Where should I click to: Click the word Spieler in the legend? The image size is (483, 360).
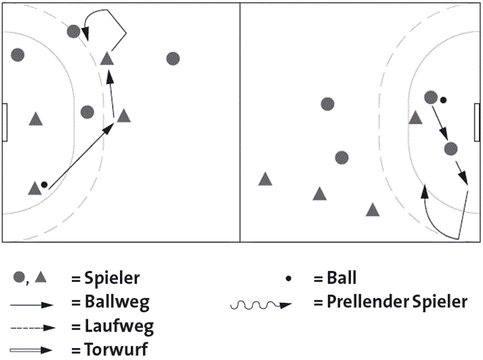pyautogui.click(x=112, y=279)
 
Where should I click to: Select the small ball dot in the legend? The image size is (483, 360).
pyautogui.click(x=289, y=279)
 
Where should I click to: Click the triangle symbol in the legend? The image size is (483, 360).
pyautogui.click(x=40, y=278)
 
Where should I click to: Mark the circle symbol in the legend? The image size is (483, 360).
pyautogui.click(x=19, y=278)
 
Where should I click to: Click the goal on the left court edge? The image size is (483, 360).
pyautogui.click(x=5, y=123)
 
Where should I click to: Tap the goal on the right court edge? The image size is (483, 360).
pyautogui.click(x=477, y=123)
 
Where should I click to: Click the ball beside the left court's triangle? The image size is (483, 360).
pyautogui.click(x=44, y=185)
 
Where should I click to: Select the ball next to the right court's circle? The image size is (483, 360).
pyautogui.click(x=443, y=100)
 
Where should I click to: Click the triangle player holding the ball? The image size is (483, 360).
pyautogui.click(x=34, y=188)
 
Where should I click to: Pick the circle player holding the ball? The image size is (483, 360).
pyautogui.click(x=431, y=97)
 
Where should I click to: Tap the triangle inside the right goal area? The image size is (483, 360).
pyautogui.click(x=415, y=118)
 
